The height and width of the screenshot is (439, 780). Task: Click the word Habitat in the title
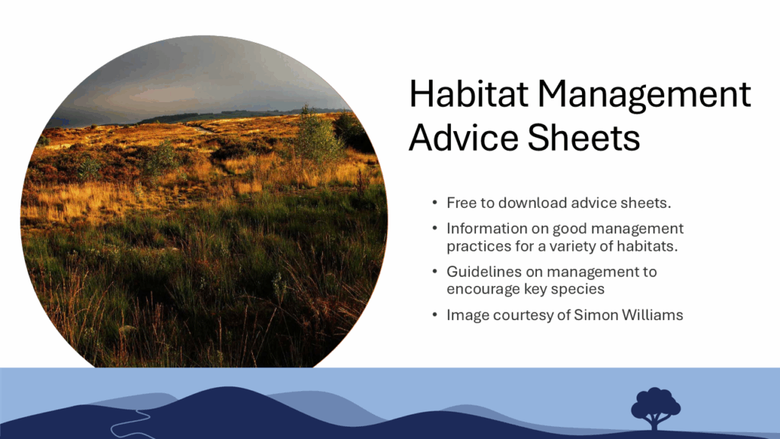tap(468, 94)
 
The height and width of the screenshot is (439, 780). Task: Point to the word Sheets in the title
tap(583, 138)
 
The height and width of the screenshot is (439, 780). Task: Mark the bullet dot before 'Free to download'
tap(435, 203)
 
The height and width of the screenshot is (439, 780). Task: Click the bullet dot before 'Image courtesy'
tap(435, 315)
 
